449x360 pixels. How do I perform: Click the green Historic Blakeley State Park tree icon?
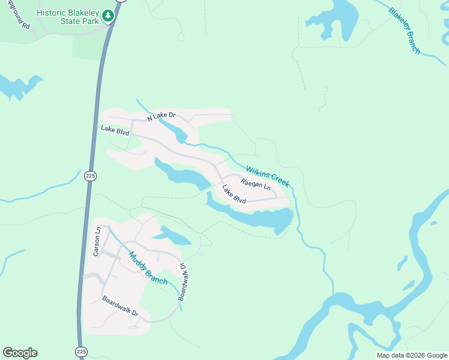pos(108,16)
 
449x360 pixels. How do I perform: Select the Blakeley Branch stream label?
pos(405,31)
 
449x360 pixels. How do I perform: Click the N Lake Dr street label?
pos(155,116)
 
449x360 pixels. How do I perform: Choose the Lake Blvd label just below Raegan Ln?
pos(234,194)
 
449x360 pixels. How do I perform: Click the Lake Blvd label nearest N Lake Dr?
pos(115,129)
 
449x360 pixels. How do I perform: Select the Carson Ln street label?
pos(97,242)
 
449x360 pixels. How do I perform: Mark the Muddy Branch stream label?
pos(148,268)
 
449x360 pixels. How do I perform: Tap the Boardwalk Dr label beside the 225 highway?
pos(119,306)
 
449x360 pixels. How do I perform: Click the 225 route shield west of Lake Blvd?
pos(90,176)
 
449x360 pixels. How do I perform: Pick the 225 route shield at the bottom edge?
pos(80,351)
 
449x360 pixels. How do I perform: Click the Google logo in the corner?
pos(20,352)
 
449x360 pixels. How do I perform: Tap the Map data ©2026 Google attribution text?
pos(412,355)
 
